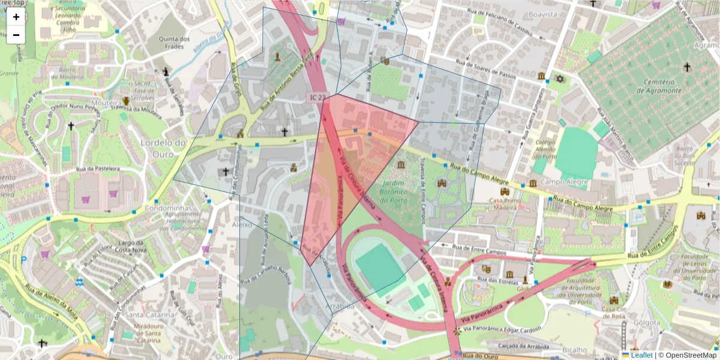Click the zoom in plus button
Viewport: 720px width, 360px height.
point(16,17)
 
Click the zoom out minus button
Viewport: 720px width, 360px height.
point(16,34)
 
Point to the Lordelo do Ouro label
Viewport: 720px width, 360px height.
point(163,147)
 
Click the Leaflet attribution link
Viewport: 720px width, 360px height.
point(641,355)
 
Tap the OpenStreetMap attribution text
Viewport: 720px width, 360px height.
point(690,355)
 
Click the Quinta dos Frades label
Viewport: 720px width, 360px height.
point(174,43)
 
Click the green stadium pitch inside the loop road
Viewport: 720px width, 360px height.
point(379,266)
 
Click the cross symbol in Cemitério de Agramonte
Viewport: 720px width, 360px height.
point(686,67)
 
